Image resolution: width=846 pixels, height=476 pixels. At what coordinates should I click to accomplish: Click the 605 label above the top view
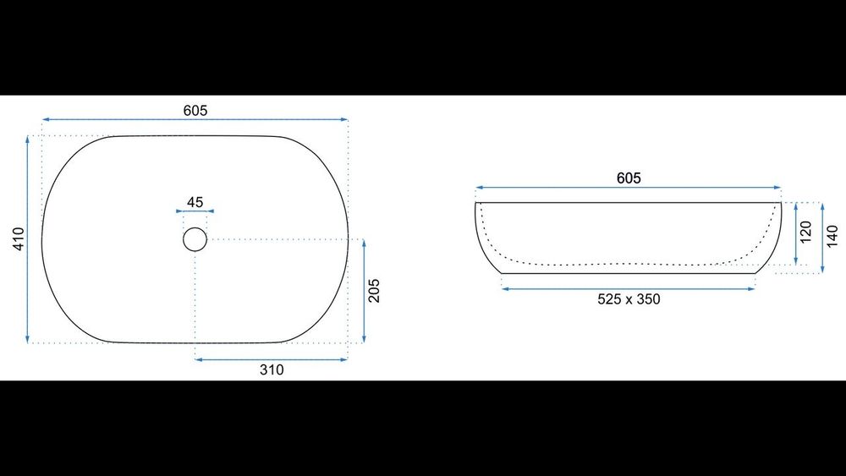[195, 111]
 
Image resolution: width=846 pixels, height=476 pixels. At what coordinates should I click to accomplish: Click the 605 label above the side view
[629, 178]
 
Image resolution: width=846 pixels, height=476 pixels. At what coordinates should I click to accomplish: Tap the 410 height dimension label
[19, 238]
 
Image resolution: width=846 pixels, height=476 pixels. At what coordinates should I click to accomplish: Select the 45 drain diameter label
[195, 202]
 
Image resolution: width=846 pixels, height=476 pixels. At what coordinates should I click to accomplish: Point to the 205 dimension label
[374, 291]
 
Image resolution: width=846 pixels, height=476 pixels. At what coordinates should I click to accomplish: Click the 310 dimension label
[272, 369]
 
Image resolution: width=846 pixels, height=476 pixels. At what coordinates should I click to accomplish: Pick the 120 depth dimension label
[805, 232]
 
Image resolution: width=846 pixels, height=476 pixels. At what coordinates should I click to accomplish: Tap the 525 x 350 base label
[629, 299]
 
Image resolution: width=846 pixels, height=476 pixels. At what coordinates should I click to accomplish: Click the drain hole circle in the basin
[195, 228]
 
